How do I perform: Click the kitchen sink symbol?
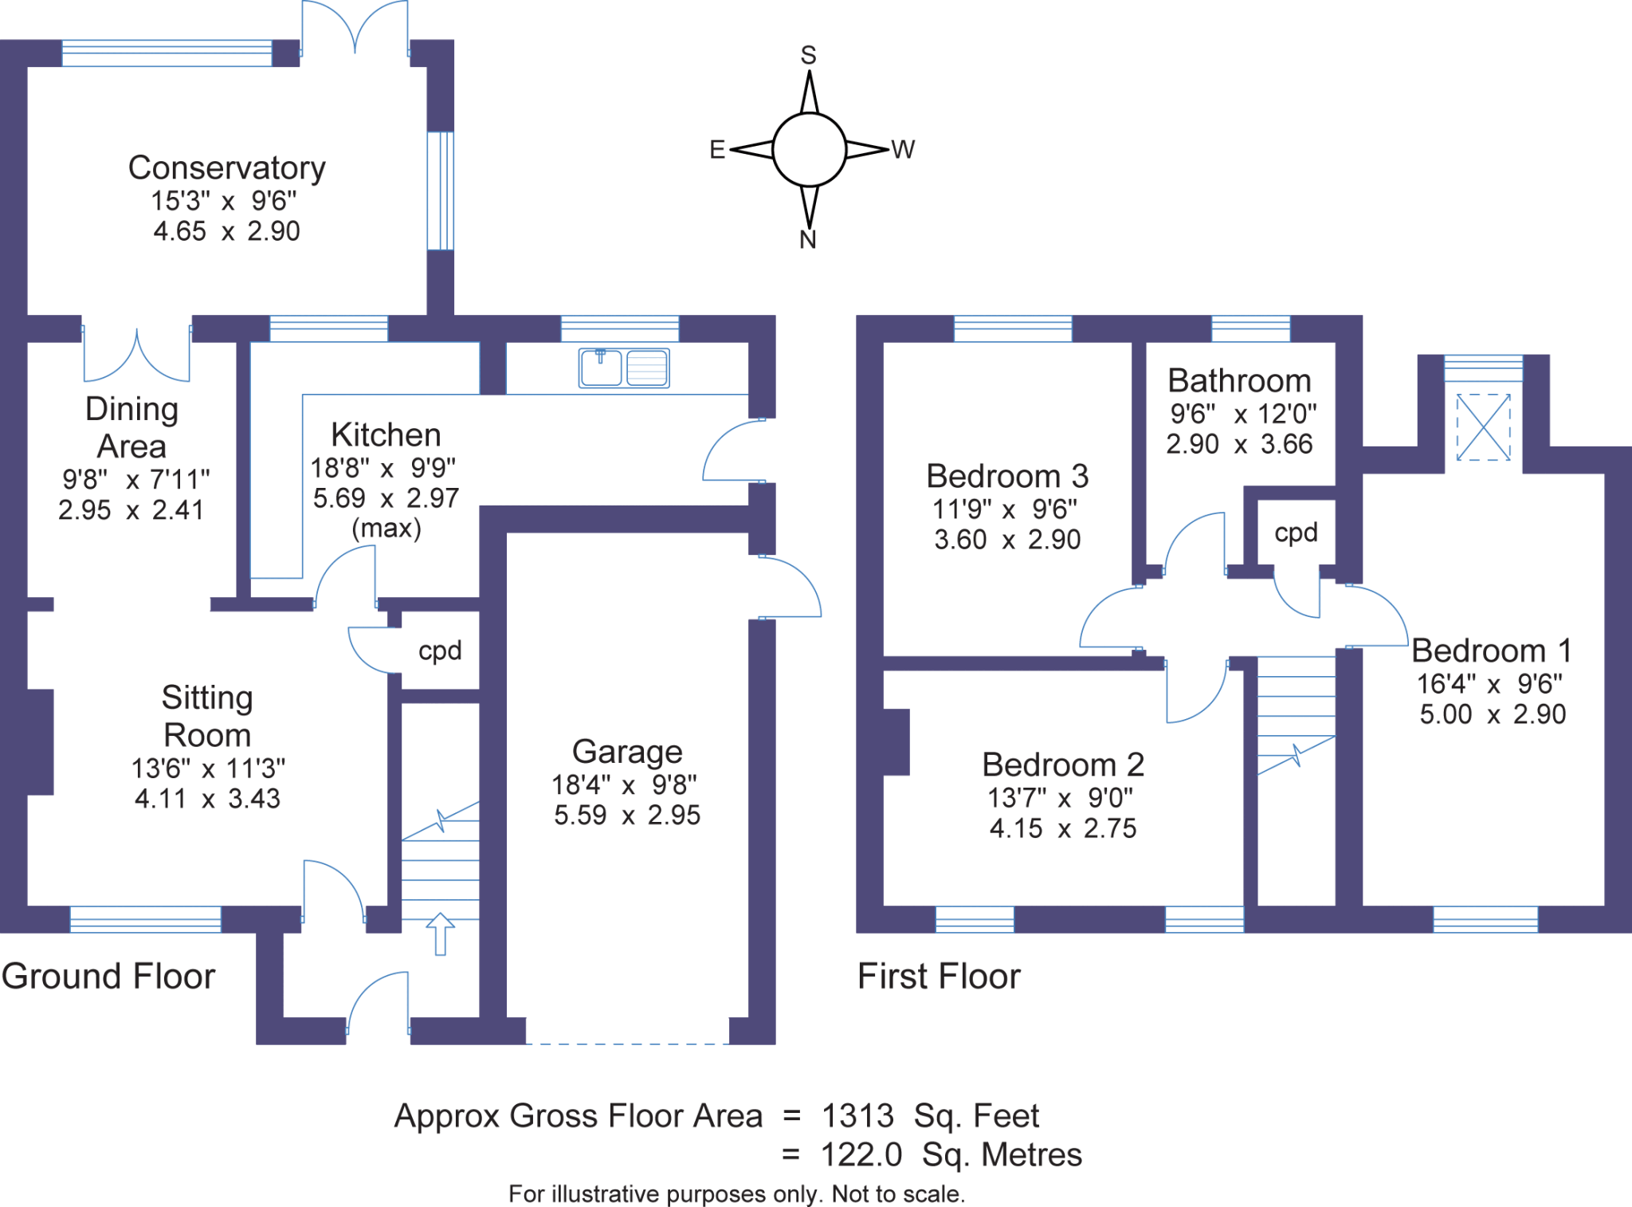(624, 368)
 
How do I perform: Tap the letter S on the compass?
(808, 55)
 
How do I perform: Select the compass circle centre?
(809, 149)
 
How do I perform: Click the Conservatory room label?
(227, 168)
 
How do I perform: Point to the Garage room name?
(627, 752)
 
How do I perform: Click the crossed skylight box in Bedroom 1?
(1483, 427)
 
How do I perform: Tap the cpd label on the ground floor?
(440, 651)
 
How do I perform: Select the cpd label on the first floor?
(1296, 532)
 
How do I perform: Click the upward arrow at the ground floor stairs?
(440, 934)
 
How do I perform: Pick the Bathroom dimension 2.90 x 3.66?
(1239, 444)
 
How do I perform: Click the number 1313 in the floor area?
(857, 1116)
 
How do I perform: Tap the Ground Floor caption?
(108, 977)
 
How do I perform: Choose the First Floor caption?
(939, 977)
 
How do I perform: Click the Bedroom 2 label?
(1063, 765)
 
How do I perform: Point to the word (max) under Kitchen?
(386, 528)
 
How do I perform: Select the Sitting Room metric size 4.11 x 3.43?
(207, 799)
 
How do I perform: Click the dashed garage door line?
(627, 1043)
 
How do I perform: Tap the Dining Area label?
(131, 427)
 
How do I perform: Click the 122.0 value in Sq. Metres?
(861, 1154)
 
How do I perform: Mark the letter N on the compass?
(808, 239)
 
